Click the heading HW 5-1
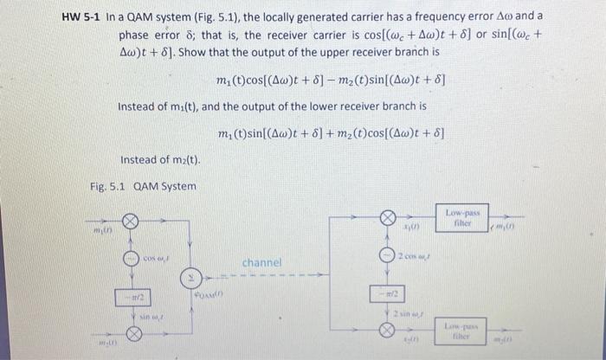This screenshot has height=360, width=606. point(82,16)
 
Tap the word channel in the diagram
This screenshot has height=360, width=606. point(261,261)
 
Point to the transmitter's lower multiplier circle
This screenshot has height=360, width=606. point(130,332)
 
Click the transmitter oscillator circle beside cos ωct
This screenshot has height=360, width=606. point(130,259)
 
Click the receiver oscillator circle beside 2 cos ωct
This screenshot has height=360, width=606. point(388,254)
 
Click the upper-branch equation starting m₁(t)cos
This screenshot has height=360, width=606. point(332,82)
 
